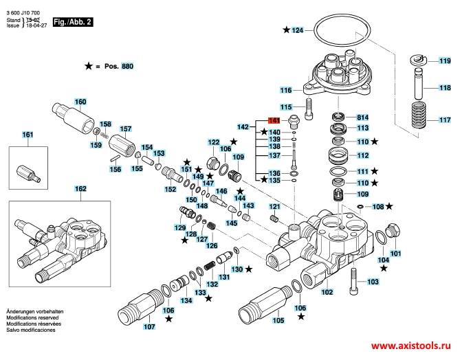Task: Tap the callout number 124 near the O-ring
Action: click(297, 30)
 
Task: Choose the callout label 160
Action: click(80, 102)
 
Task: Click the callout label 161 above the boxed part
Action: click(27, 135)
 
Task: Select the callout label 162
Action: click(80, 189)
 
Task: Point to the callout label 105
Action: click(278, 320)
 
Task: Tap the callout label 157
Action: click(126, 129)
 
